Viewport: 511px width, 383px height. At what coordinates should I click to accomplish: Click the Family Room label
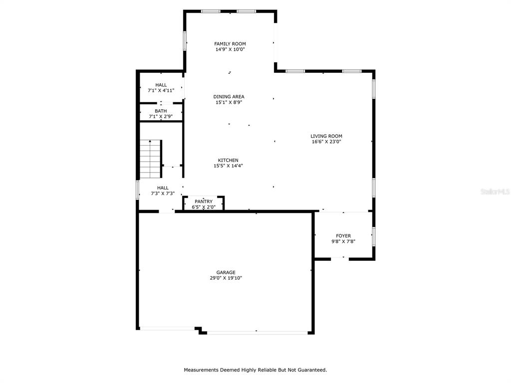pos(230,44)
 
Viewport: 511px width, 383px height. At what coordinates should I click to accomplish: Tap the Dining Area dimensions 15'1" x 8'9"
pos(229,102)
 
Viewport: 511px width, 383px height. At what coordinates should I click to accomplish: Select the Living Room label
pos(326,136)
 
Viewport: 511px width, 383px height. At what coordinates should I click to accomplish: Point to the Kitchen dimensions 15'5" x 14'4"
pos(228,166)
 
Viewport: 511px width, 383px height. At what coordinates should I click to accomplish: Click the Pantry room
pos(204,204)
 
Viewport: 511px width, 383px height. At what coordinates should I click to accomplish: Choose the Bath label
pos(161,111)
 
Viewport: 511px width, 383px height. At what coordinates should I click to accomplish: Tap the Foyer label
pos(343,236)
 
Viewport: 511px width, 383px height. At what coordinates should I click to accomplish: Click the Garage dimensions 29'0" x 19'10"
pos(226,278)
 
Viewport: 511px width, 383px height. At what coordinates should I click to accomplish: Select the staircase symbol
pos(151,159)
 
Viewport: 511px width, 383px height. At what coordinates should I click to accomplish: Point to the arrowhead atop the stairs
pos(150,141)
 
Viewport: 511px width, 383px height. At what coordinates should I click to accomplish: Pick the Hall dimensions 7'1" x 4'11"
pos(161,91)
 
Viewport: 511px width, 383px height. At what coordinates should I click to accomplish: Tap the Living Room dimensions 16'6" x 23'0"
pos(326,142)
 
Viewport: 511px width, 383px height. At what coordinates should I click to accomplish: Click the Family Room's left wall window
pos(185,41)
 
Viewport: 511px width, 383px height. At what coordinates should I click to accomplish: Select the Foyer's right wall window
pos(374,236)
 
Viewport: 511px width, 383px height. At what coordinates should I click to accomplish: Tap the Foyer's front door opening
pos(340,259)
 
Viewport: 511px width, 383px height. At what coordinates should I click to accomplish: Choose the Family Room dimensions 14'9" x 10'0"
pos(230,49)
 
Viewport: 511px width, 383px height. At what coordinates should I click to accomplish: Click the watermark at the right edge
pos(496,192)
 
